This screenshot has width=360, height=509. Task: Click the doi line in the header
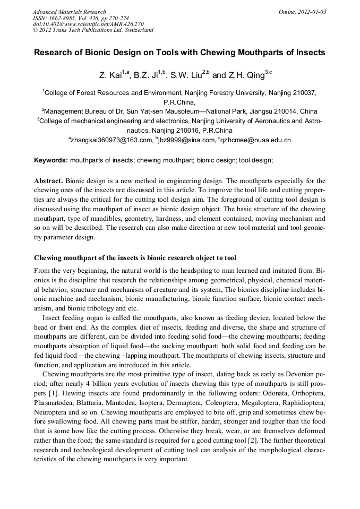(x=88, y=24)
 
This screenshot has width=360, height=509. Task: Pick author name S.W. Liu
(x=185, y=75)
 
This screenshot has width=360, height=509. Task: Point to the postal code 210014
(x=285, y=112)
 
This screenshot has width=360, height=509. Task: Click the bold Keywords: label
(x=51, y=160)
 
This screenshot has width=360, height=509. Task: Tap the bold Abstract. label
(x=49, y=181)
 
